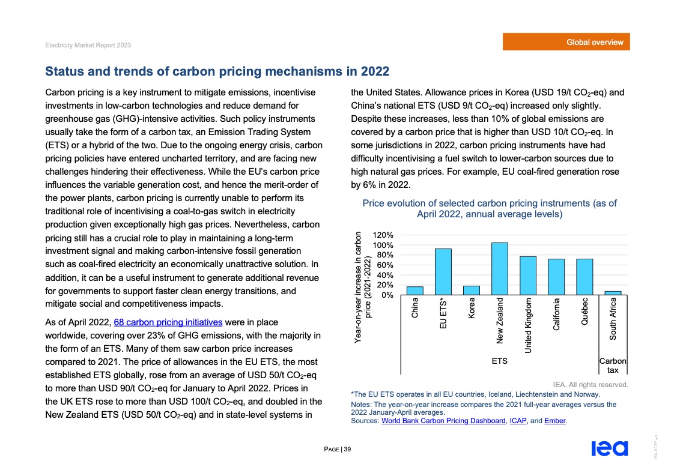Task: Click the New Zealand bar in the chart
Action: tap(500, 269)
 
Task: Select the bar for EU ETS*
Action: tap(443, 272)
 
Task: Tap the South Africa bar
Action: tap(613, 293)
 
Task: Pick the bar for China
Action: tap(415, 291)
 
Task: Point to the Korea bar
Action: tap(472, 291)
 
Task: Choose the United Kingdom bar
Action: tap(528, 276)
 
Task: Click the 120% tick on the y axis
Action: tap(383, 235)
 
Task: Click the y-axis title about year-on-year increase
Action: tap(363, 288)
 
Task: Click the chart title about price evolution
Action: tap(490, 209)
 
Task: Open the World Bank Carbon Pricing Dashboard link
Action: tap(443, 421)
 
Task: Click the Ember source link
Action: tap(556, 421)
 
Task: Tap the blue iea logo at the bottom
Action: tap(609, 448)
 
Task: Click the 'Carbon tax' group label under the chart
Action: tap(613, 366)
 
